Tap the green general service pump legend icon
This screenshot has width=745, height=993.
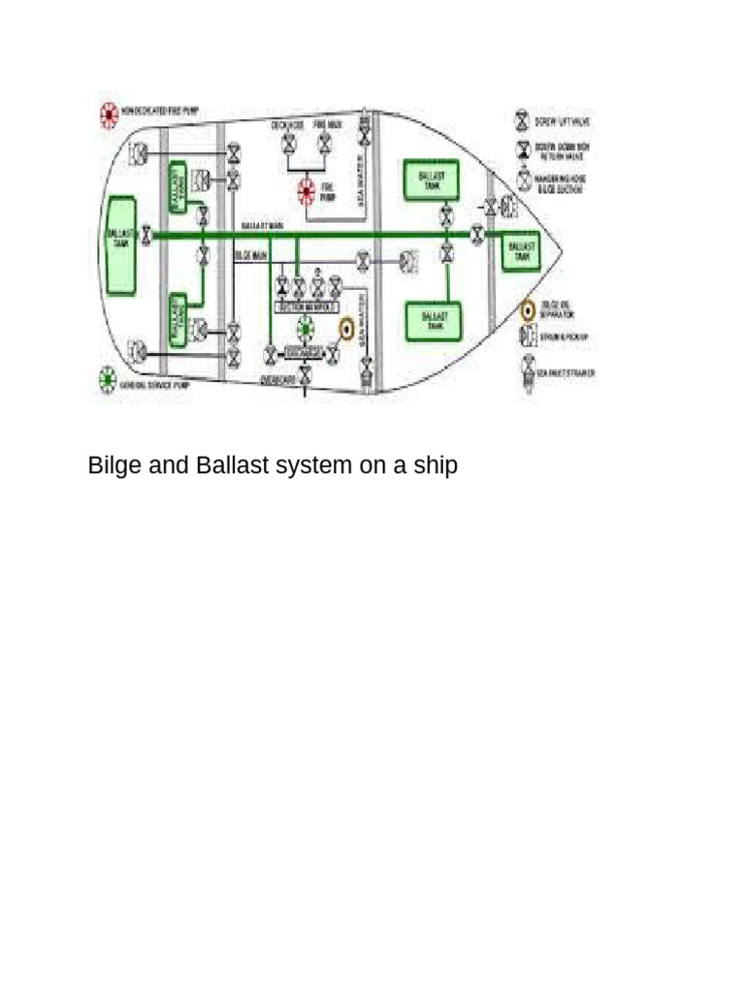(x=107, y=381)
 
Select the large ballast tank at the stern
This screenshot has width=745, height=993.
(x=120, y=239)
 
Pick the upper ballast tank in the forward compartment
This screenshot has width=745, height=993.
(x=431, y=181)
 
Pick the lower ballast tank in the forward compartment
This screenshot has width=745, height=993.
(x=433, y=320)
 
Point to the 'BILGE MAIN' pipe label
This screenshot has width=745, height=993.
(x=251, y=255)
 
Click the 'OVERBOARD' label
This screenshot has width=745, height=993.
(x=278, y=381)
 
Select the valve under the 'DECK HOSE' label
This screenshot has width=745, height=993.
(x=288, y=145)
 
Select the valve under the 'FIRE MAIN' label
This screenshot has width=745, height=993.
(x=325, y=145)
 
